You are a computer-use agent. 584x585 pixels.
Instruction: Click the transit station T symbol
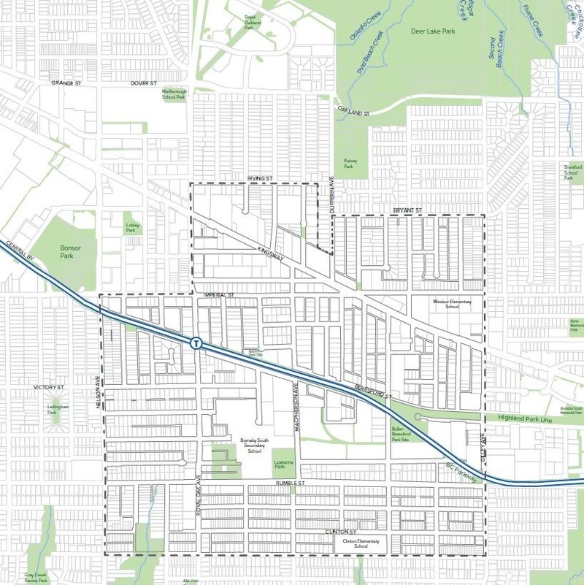coord(196,343)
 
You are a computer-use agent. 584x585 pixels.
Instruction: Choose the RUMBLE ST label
coord(288,483)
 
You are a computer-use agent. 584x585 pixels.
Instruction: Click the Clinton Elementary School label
coord(351,543)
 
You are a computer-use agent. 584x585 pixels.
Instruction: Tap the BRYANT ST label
coord(408,210)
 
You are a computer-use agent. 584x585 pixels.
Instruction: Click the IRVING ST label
coord(259,178)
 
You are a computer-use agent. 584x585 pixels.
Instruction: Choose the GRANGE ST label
coord(64,83)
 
